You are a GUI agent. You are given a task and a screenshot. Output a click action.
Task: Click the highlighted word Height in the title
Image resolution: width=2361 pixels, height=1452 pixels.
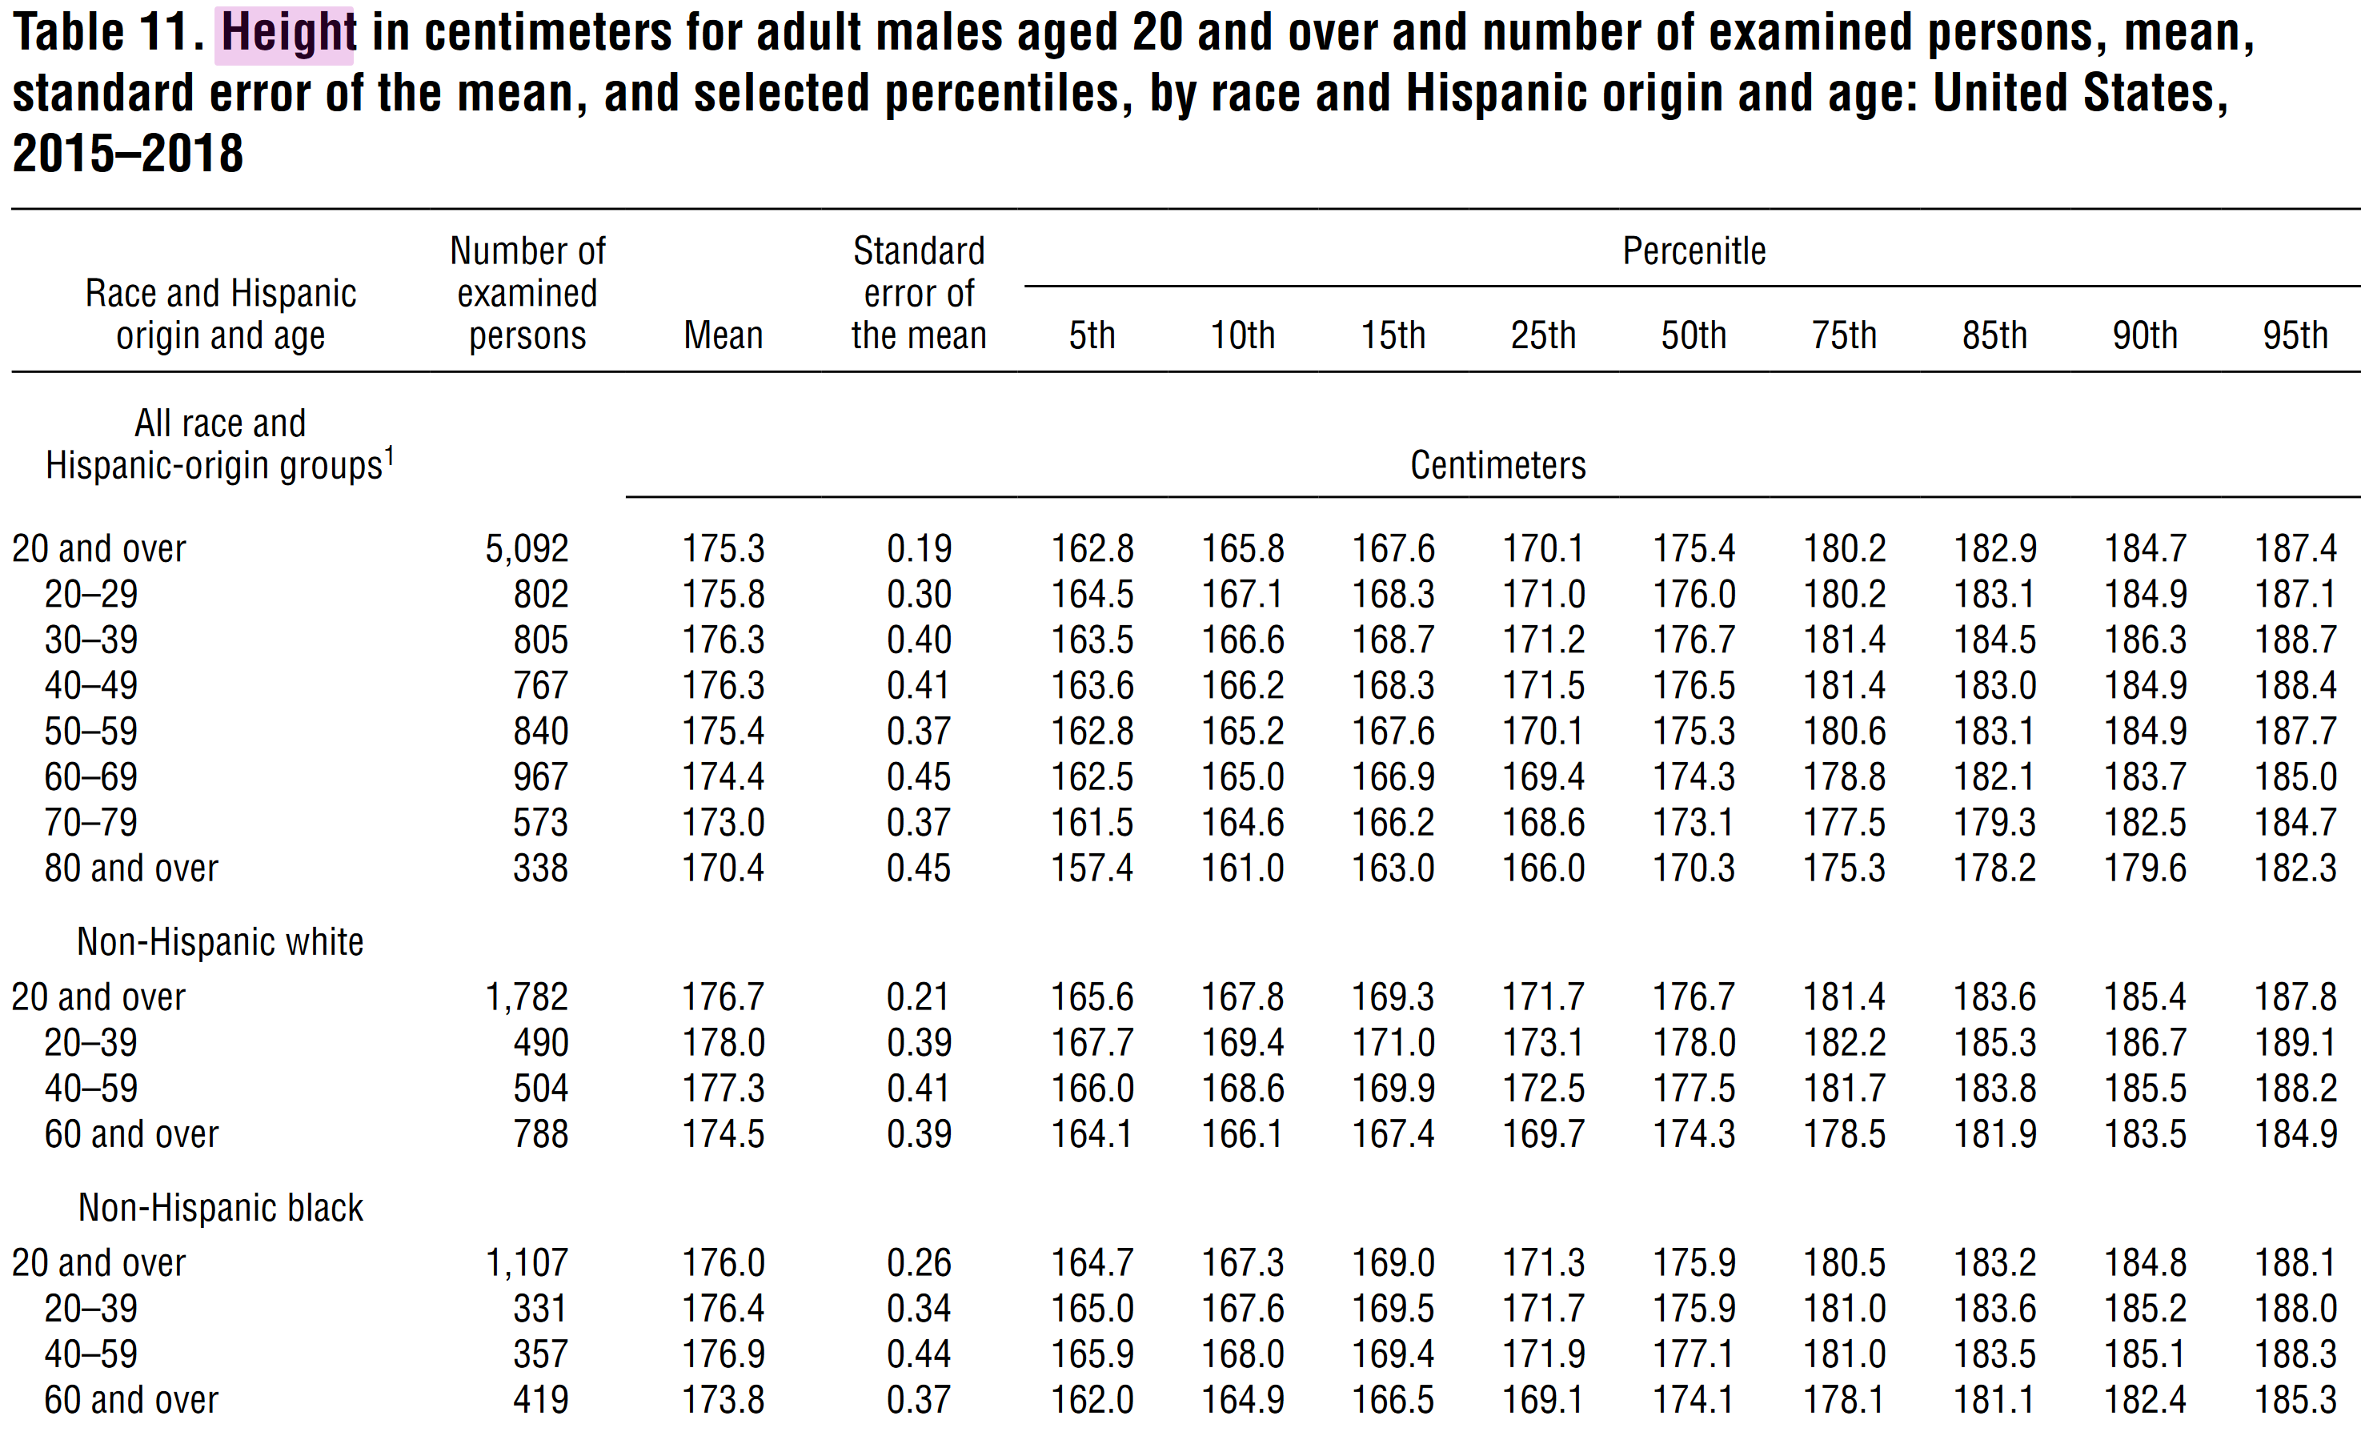click(x=288, y=34)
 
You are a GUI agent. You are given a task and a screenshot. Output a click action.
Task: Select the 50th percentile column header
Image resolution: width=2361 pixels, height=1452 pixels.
click(x=1694, y=335)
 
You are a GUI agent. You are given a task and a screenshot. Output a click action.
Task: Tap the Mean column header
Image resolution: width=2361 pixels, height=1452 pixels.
click(x=723, y=335)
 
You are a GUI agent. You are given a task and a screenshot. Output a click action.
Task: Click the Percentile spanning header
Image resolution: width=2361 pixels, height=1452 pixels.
click(x=1694, y=251)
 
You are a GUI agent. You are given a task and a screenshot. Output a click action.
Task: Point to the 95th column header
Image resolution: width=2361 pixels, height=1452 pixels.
click(x=2295, y=335)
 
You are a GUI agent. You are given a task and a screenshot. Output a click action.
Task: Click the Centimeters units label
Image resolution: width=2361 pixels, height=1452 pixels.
click(x=1497, y=465)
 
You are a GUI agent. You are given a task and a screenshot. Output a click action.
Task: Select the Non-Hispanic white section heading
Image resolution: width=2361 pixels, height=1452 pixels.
click(x=220, y=942)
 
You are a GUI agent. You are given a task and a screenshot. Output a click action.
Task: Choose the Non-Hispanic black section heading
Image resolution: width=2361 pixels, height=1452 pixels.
click(x=220, y=1207)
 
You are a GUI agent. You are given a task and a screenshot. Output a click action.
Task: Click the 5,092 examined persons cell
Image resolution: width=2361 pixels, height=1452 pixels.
click(x=526, y=548)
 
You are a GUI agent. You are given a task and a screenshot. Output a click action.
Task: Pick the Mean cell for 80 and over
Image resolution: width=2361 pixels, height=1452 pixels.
click(x=723, y=868)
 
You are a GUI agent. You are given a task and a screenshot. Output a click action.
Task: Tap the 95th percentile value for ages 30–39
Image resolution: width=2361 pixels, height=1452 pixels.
click(x=2295, y=640)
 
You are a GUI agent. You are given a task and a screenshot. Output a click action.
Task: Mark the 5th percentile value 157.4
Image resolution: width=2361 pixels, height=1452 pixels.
click(x=1092, y=868)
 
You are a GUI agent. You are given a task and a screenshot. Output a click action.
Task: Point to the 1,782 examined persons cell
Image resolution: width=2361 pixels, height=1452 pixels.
click(x=526, y=997)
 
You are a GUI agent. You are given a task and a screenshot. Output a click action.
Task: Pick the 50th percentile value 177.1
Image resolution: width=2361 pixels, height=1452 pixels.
click(x=1694, y=1354)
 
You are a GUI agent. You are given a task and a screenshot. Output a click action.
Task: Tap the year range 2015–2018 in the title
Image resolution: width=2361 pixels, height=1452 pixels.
click(x=128, y=154)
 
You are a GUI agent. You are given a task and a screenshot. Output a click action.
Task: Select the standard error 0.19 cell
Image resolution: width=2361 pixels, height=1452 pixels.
click(x=919, y=548)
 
